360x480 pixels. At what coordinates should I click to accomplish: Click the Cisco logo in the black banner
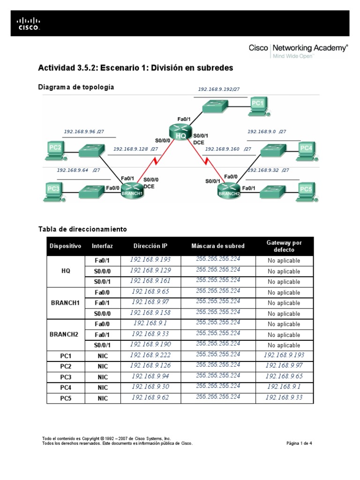[29, 23]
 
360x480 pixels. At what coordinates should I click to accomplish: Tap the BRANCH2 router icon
[229, 189]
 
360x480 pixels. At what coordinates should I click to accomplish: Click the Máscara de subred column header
[218, 246]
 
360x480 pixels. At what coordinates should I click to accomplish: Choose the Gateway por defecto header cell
[284, 246]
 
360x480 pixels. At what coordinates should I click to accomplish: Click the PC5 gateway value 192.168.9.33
[284, 398]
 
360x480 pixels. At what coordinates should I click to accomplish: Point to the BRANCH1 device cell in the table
[66, 303]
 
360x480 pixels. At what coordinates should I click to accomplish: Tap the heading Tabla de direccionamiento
[82, 229]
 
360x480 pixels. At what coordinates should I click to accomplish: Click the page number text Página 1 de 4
[299, 443]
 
